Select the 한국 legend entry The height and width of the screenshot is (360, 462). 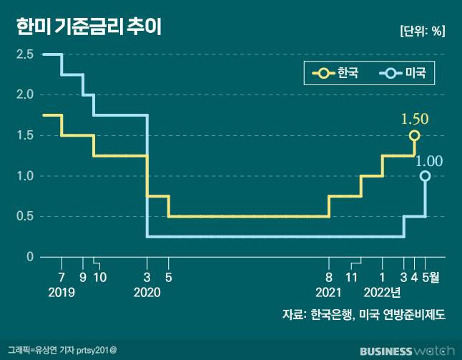pyautogui.click(x=336, y=73)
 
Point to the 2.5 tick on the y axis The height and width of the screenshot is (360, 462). pyautogui.click(x=26, y=54)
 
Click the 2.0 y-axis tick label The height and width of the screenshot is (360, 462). pyautogui.click(x=26, y=94)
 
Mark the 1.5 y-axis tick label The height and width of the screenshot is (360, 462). pyautogui.click(x=26, y=135)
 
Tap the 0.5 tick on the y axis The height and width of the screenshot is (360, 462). pyautogui.click(x=26, y=216)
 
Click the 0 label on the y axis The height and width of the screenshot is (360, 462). pyautogui.click(x=30, y=256)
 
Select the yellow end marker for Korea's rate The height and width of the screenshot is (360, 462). pyautogui.click(x=414, y=135)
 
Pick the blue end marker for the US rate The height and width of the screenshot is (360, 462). pyautogui.click(x=426, y=176)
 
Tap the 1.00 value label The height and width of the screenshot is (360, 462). pyautogui.click(x=429, y=160)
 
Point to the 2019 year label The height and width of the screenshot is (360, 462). pyautogui.click(x=62, y=292)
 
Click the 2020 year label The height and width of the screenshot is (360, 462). pyautogui.click(x=147, y=292)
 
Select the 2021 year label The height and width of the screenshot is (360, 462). pyautogui.click(x=329, y=292)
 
